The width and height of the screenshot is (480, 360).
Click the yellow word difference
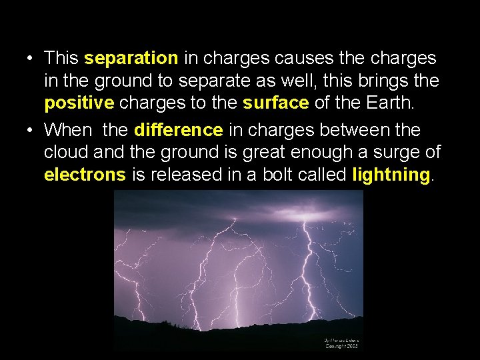pos(178,129)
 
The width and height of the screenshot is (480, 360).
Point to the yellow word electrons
pos(85,175)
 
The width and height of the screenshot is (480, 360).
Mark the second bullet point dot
pos(31,130)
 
